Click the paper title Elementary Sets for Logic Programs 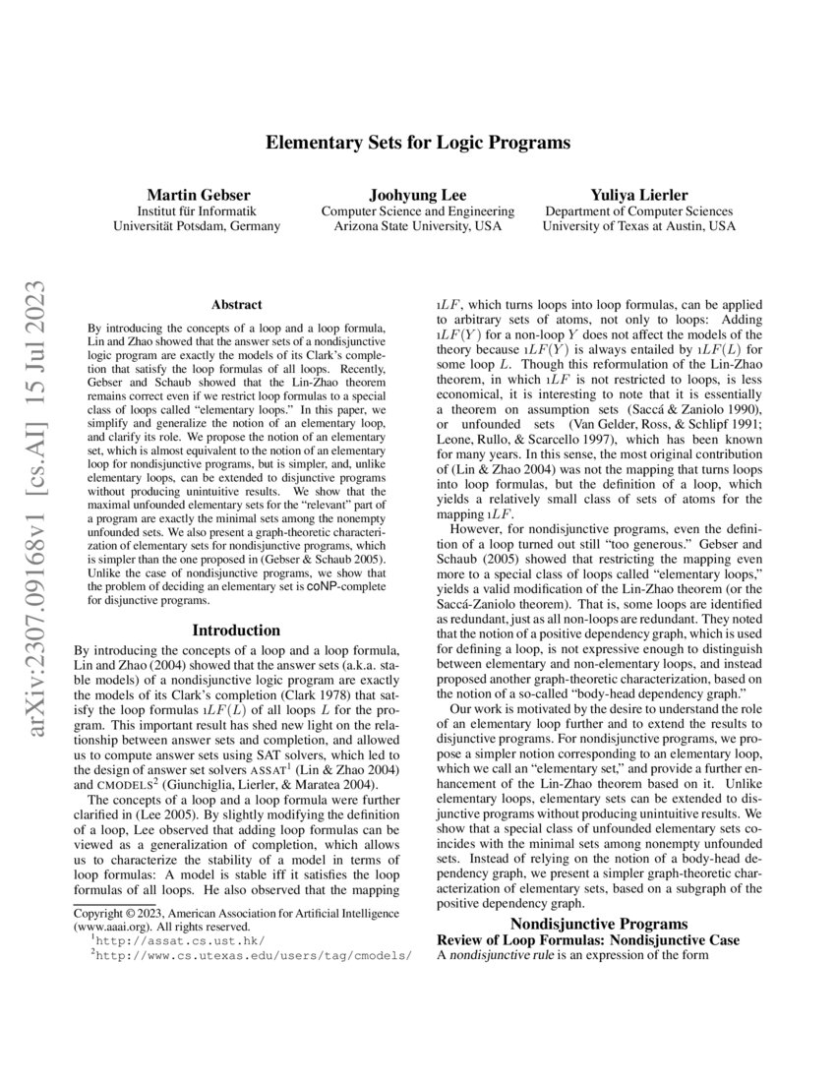pyautogui.click(x=418, y=143)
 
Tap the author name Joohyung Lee pyautogui.click(x=417, y=194)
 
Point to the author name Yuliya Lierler pyautogui.click(x=638, y=194)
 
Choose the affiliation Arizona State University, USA pyautogui.click(x=417, y=226)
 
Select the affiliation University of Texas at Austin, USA pyautogui.click(x=638, y=226)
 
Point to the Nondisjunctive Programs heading pyautogui.click(x=599, y=923)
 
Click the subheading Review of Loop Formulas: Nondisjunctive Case pyautogui.click(x=587, y=939)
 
